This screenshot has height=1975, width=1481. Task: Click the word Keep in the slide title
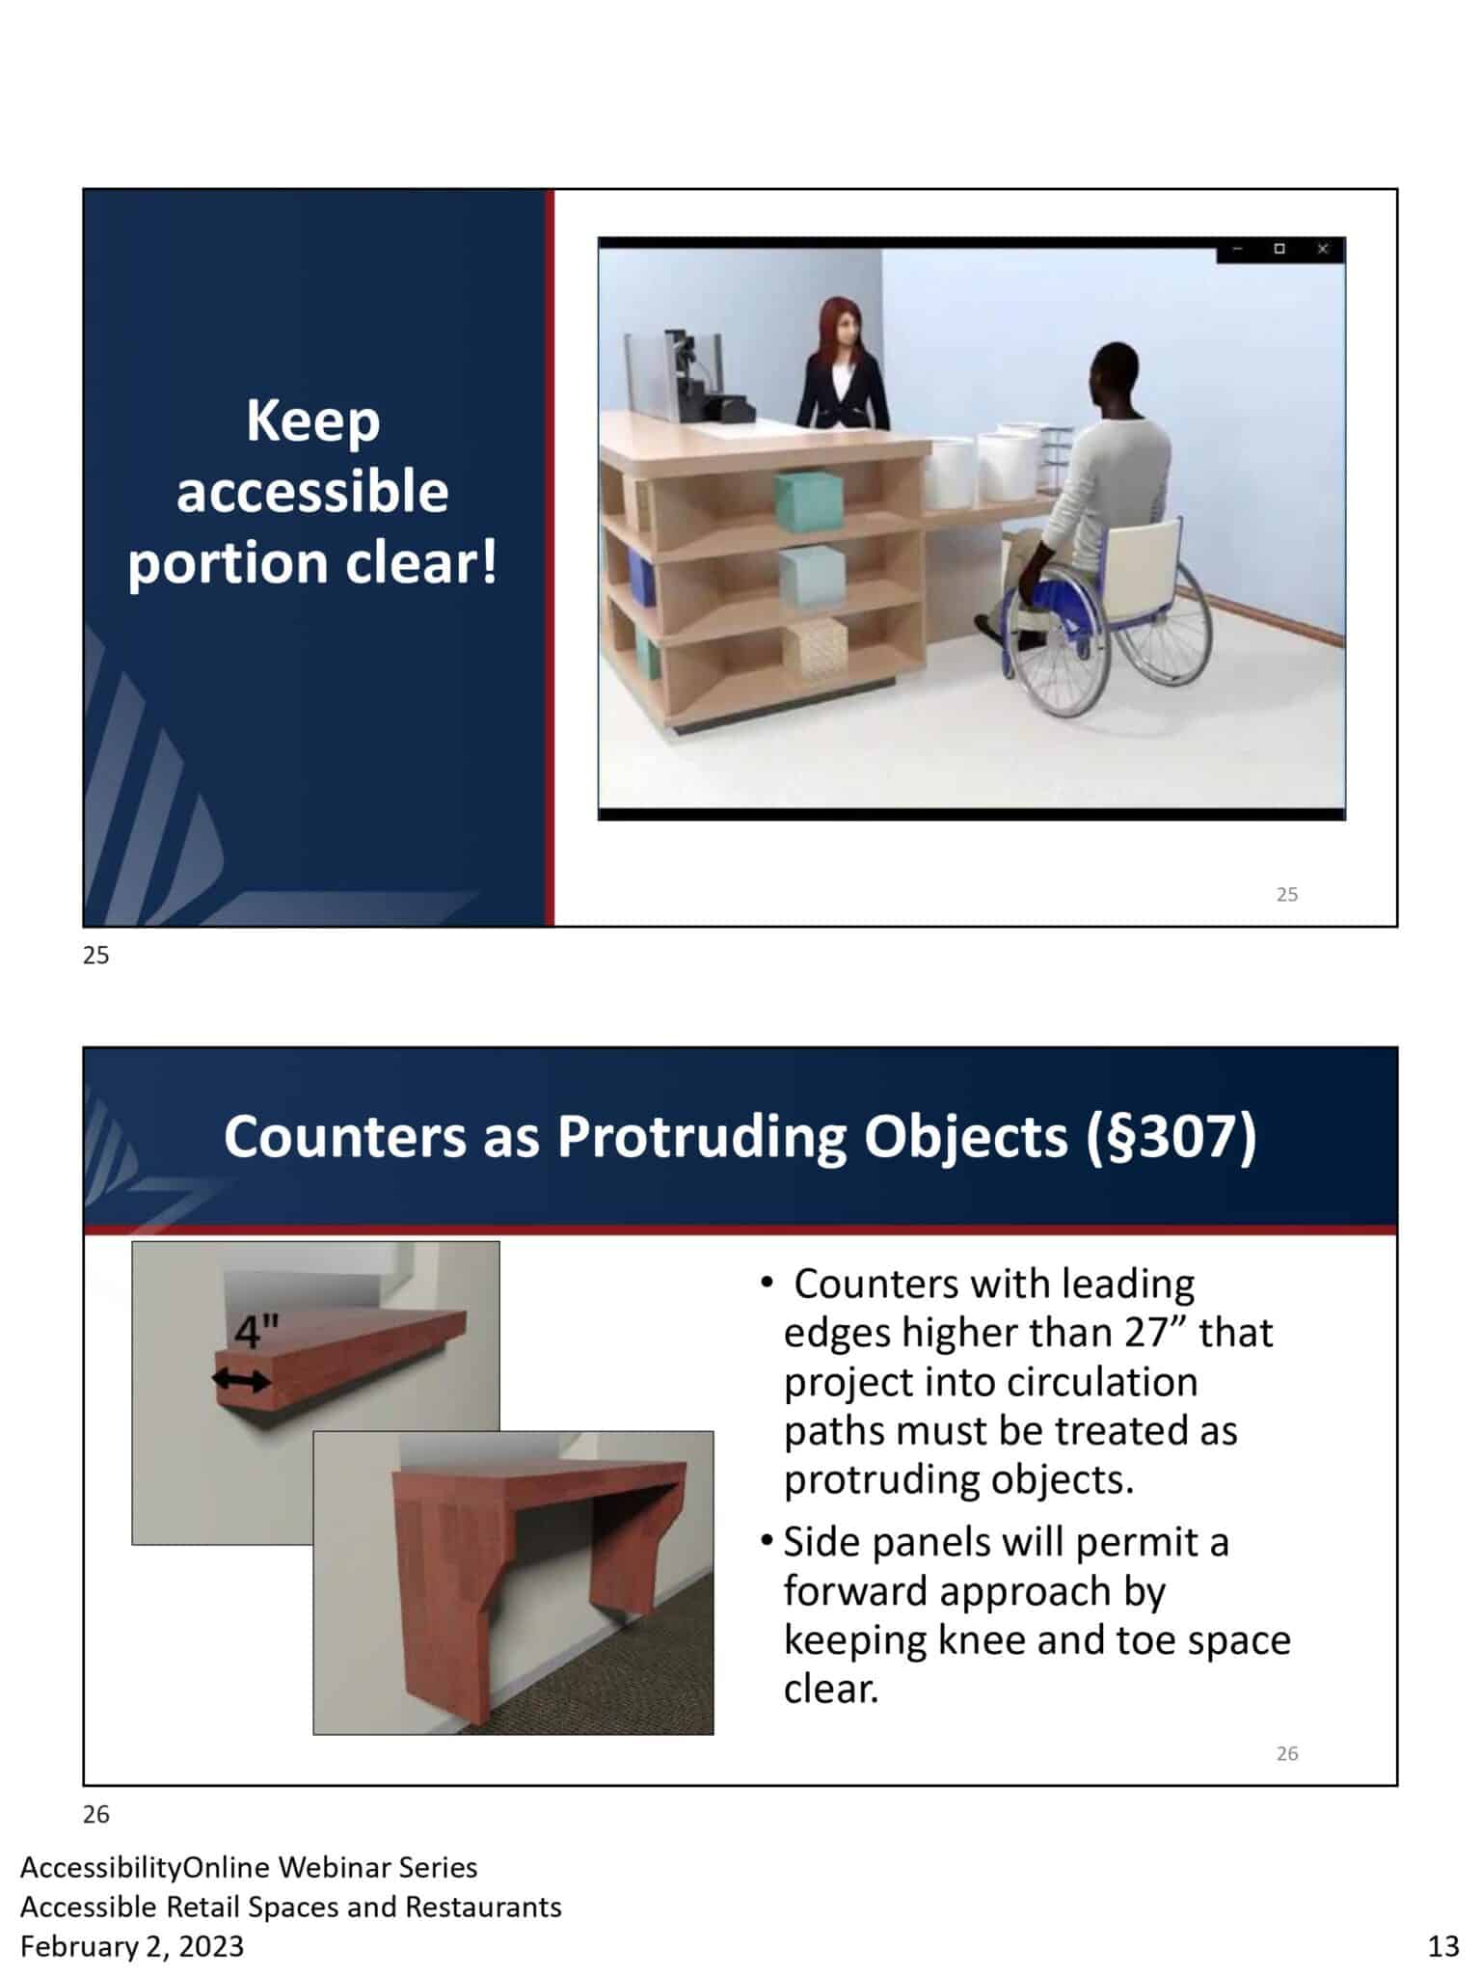point(312,421)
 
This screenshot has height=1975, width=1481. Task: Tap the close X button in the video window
point(1323,249)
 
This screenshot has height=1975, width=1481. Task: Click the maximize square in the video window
point(1279,249)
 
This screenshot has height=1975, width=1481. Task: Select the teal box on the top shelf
point(810,500)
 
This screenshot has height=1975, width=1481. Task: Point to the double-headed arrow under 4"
point(241,1381)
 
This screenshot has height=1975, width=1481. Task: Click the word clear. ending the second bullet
point(831,1689)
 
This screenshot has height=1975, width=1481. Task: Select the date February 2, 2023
point(132,1946)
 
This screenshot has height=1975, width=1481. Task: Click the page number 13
point(1443,1946)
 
